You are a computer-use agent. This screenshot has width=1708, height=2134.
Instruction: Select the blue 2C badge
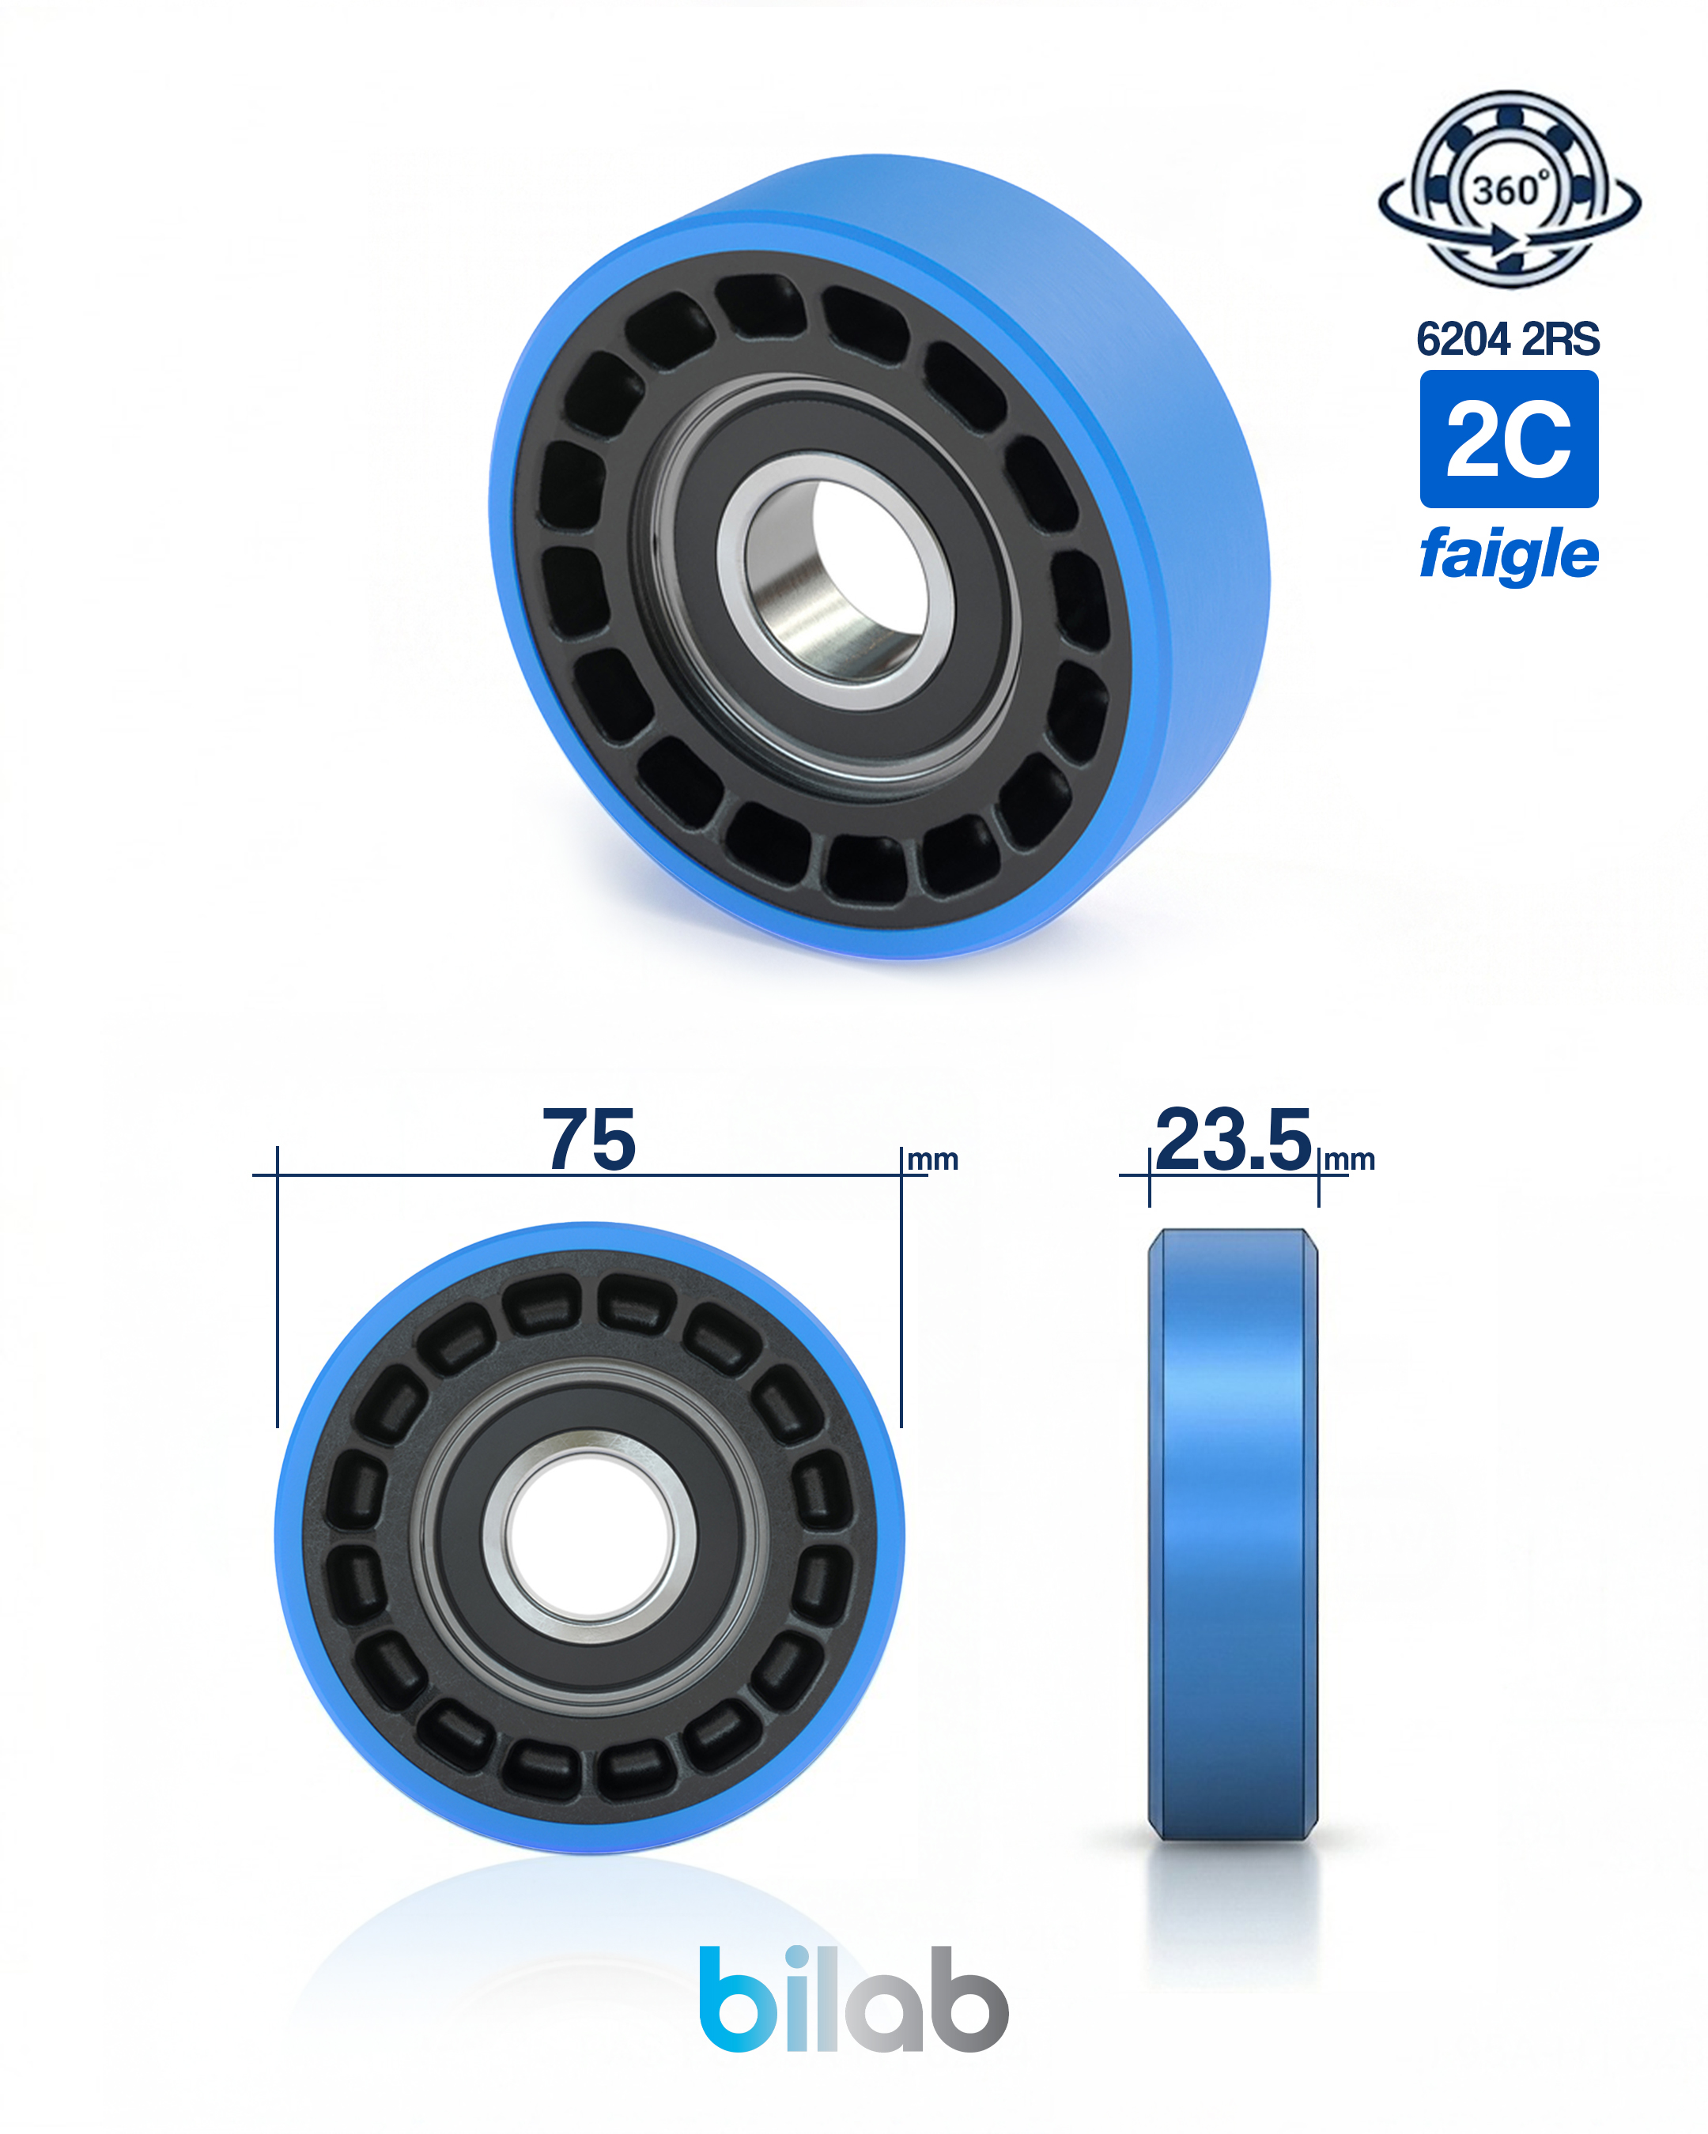click(x=1509, y=439)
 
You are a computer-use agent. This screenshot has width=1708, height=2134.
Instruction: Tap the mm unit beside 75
click(x=933, y=1160)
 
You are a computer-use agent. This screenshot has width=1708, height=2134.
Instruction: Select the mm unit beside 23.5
click(x=1350, y=1160)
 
